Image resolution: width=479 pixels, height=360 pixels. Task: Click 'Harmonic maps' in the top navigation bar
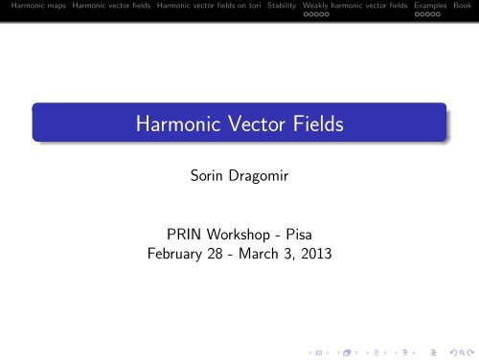[28, 6]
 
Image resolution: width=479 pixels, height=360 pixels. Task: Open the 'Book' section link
[463, 6]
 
